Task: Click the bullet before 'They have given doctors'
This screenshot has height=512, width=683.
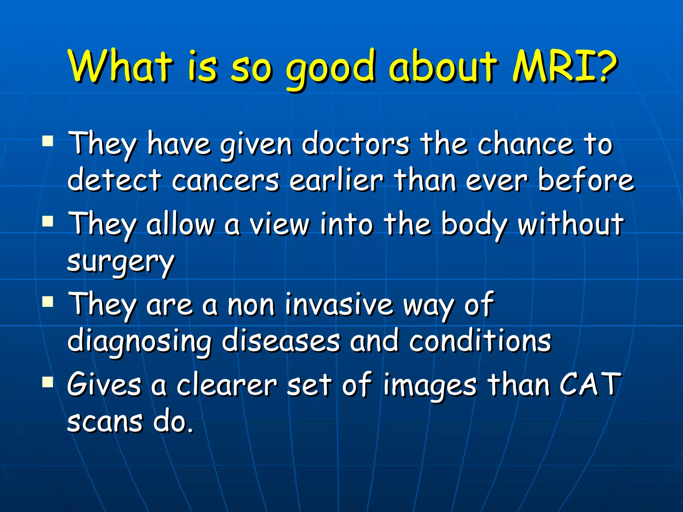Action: tap(48, 141)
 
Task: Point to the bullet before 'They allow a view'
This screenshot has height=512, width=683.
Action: tap(48, 221)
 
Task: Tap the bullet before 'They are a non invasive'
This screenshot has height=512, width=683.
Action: tap(48, 302)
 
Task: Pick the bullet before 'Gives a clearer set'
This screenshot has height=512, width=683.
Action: tap(48, 382)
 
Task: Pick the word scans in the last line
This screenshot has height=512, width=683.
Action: tap(105, 421)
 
